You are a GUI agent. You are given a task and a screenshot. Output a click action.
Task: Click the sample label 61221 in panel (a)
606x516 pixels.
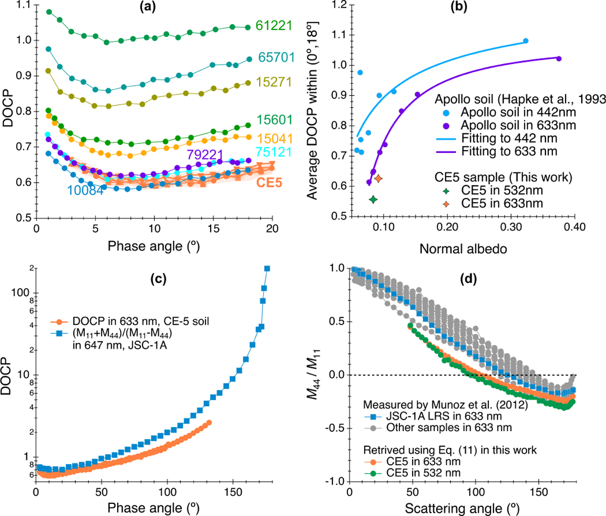[274, 25]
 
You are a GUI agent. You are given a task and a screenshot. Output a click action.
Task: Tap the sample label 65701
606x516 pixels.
[276, 57]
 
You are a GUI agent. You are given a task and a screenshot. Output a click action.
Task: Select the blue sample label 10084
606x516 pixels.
[84, 190]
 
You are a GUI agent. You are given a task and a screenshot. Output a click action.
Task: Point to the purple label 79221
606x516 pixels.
[205, 154]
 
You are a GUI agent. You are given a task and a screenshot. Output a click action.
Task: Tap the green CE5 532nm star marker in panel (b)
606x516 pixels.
[373, 199]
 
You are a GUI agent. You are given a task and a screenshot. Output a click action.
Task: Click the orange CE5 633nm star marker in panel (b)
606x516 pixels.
[378, 178]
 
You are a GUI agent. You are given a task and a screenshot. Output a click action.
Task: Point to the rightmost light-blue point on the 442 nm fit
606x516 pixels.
[526, 41]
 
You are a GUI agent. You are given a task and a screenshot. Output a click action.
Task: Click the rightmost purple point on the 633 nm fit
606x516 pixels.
[559, 59]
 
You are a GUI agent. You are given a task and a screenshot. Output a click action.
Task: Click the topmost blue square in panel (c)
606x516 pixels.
[267, 269]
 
